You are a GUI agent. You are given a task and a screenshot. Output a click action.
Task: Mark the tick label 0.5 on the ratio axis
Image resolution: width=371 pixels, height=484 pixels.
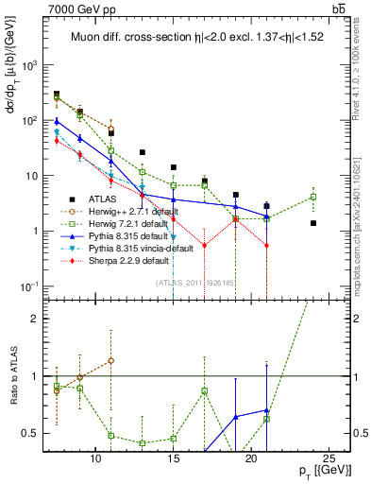[38, 433]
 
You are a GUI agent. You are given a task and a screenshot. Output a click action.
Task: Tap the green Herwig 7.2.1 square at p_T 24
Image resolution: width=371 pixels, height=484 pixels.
[313, 197]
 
